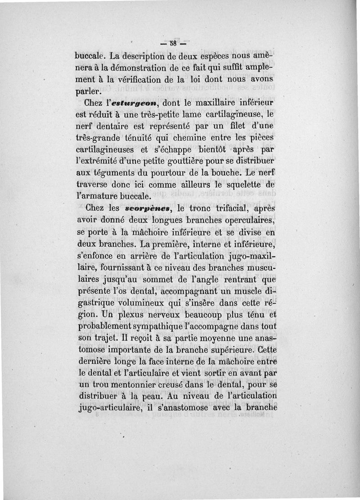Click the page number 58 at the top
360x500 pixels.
coord(173,44)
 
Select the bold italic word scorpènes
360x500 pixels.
coord(144,208)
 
